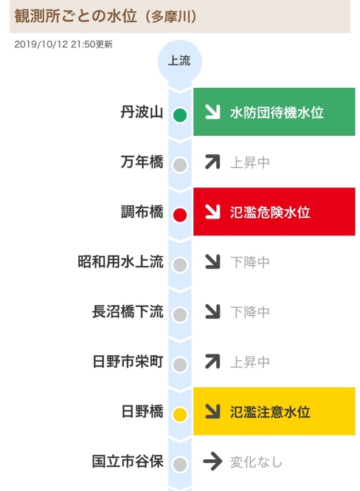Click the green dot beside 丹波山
click(x=180, y=115)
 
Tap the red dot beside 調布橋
click(x=180, y=215)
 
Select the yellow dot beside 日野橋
click(x=180, y=414)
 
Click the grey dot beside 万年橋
click(x=180, y=165)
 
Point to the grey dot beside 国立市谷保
click(x=180, y=464)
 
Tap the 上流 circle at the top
click(x=180, y=61)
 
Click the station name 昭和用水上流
click(x=120, y=262)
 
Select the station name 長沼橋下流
click(x=128, y=312)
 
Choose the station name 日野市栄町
click(x=128, y=362)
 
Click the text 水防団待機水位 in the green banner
click(x=277, y=112)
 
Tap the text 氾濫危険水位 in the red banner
click(x=270, y=213)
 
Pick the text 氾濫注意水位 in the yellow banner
click(x=270, y=412)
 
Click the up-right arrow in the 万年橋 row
click(x=212, y=162)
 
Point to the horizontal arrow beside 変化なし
click(x=212, y=461)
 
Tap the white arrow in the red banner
click(x=212, y=212)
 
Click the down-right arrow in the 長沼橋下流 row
click(x=212, y=312)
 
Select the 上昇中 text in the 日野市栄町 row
click(x=250, y=363)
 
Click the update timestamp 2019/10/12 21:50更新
click(x=63, y=44)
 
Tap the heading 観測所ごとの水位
click(x=76, y=16)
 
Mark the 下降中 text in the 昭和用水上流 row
click(x=250, y=262)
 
